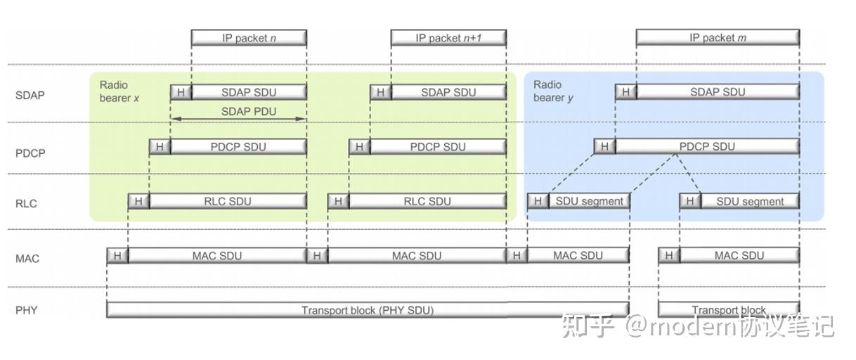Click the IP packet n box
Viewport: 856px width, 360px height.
coord(249,38)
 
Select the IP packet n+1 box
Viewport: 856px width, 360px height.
coord(448,38)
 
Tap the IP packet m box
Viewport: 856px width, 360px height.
coord(718,38)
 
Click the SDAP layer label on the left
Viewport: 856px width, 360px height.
coord(30,95)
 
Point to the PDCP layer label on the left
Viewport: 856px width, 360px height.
coord(30,153)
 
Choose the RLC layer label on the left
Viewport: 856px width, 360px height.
coord(25,204)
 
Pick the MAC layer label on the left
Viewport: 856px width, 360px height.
coord(27,259)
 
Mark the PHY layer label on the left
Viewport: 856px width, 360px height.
coord(27,309)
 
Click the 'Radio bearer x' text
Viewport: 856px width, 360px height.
coord(119,91)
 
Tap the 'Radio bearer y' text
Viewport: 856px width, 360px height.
coord(553,91)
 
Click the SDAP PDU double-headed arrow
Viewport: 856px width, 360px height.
coord(239,119)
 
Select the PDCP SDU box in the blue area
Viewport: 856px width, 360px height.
coord(707,146)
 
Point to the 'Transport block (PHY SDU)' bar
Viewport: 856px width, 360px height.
coord(368,310)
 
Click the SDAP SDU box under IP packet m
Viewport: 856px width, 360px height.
coord(718,92)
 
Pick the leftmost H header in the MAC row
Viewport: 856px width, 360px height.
coord(117,255)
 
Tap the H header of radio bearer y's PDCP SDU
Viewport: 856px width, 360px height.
coord(604,146)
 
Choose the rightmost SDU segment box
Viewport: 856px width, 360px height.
coord(750,201)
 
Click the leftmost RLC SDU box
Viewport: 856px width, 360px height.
coord(228,201)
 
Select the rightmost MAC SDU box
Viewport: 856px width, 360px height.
coord(739,255)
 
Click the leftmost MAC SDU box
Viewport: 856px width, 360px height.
coord(217,255)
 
